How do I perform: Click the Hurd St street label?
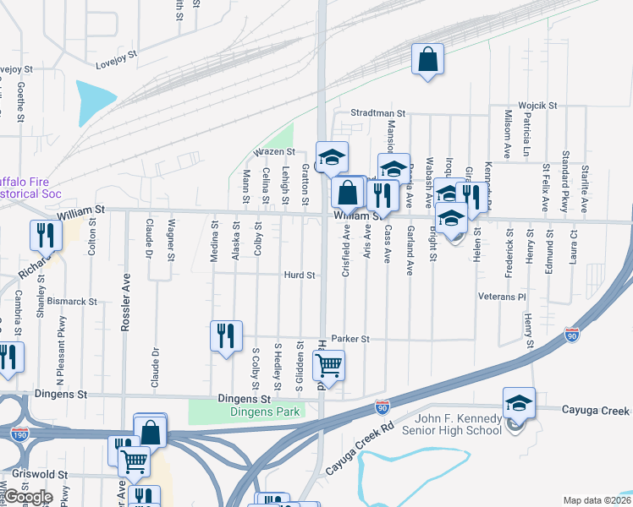coord(300,275)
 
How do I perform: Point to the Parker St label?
coord(351,338)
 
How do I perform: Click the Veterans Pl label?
coord(502,297)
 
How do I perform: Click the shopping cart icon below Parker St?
coord(328,366)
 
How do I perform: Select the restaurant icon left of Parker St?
coord(226,335)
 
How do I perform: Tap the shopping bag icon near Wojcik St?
coord(427,59)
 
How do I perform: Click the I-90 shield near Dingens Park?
coord(383,408)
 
